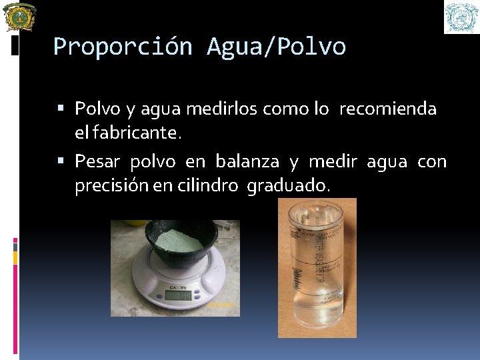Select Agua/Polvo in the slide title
pos(276,47)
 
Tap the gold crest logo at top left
pos(20,17)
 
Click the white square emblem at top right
pos(461,17)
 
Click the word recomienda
pos(387,109)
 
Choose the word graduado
pos(288,187)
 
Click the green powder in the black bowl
pos(178,241)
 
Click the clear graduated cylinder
pos(316,267)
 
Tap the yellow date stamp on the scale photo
pos(222,305)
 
